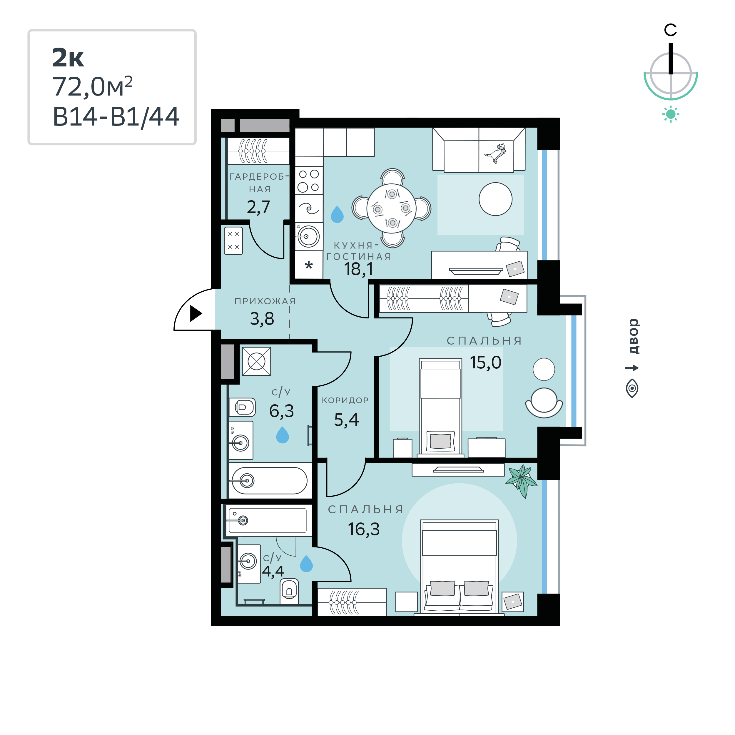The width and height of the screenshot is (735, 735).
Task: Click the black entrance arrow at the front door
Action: tap(195, 313)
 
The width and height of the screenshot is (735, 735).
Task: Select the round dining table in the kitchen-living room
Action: tap(392, 208)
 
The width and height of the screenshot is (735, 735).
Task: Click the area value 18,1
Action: tap(358, 269)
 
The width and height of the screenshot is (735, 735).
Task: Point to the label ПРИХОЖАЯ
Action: tap(265, 301)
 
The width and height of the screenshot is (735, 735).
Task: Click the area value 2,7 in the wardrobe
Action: tap(258, 207)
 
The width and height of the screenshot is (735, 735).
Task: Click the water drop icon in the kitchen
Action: tap(337, 215)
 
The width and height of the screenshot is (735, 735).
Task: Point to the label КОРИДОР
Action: tap(345, 400)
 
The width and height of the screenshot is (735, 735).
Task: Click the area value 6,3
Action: tap(282, 411)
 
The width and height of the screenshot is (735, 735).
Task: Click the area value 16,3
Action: tap(364, 529)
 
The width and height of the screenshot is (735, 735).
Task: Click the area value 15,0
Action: tap(485, 363)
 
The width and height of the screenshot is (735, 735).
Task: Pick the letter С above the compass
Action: tap(670, 30)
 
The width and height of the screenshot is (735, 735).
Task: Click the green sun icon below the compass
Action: tap(671, 114)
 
